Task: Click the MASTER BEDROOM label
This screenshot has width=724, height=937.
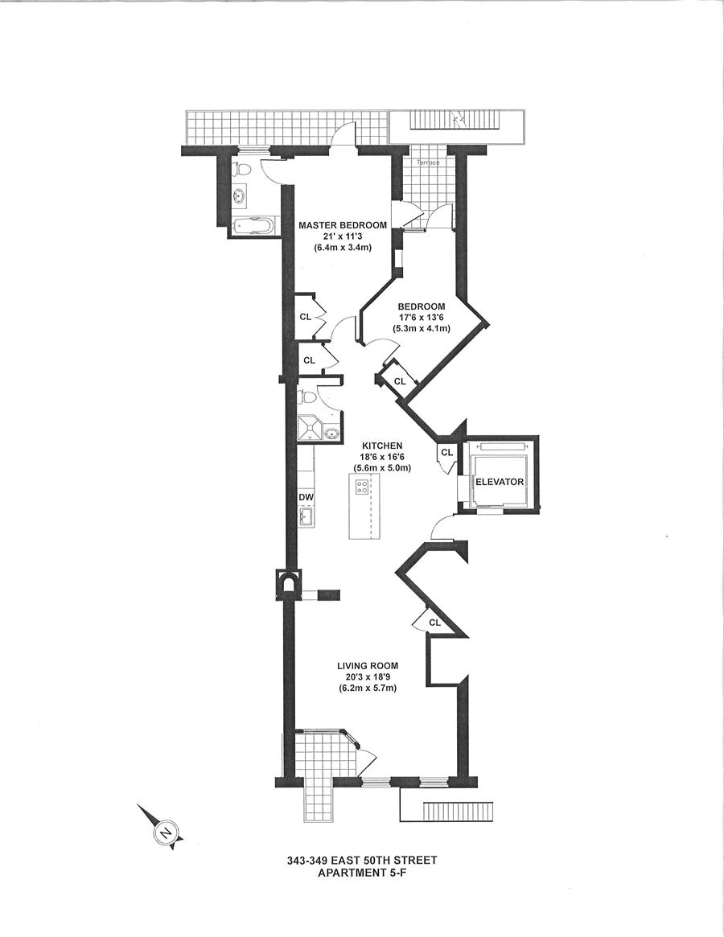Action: click(x=343, y=225)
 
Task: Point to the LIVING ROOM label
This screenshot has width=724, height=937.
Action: click(x=368, y=666)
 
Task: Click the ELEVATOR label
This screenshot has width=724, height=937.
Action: click(x=500, y=482)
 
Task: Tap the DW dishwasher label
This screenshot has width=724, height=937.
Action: click(x=306, y=497)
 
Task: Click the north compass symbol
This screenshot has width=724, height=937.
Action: click(x=166, y=832)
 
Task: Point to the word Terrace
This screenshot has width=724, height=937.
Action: click(x=427, y=162)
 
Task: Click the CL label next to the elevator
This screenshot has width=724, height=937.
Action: click(x=447, y=452)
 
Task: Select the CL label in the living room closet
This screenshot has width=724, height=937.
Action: click(x=434, y=623)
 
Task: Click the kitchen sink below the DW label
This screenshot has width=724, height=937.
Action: click(x=306, y=517)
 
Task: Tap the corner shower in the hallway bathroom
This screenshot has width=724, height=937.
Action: click(x=308, y=425)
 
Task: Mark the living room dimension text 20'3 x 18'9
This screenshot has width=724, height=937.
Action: click(x=368, y=677)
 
